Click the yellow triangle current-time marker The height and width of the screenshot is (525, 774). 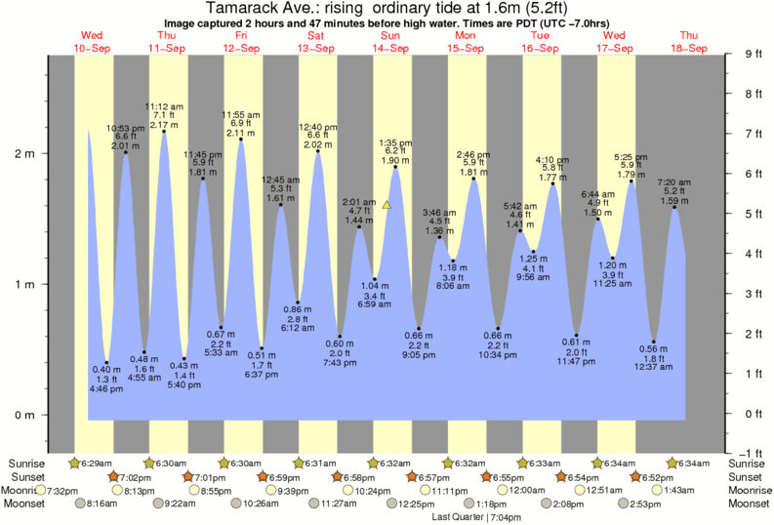[387, 206]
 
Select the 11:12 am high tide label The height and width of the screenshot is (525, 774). [163, 105]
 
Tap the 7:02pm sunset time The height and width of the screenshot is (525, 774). [137, 476]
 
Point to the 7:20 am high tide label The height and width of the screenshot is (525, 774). [674, 182]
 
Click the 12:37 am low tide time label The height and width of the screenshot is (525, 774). [654, 367]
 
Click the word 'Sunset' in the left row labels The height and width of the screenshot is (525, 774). [25, 476]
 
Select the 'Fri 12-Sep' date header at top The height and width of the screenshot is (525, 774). [241, 41]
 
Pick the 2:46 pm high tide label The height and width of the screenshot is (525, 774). [473, 154]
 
